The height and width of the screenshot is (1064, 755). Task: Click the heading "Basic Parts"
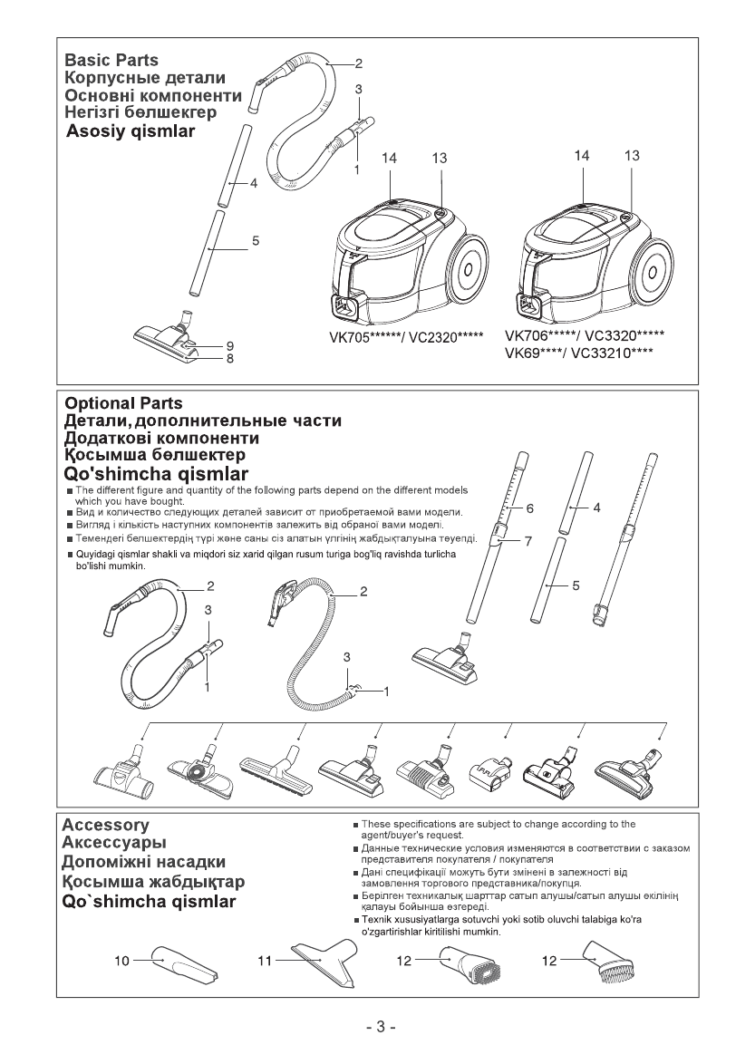pyautogui.click(x=111, y=60)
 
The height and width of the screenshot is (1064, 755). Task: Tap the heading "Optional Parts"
pyautogui.click(x=122, y=403)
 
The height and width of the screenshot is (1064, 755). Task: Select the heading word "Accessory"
pyautogui.click(x=105, y=826)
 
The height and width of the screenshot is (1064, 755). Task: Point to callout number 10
pyautogui.click(x=121, y=960)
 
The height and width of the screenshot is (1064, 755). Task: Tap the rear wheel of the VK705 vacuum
pyautogui.click(x=468, y=269)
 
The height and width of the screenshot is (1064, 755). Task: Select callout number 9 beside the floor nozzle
pyautogui.click(x=231, y=345)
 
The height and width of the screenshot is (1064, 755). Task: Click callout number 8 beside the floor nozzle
pyautogui.click(x=231, y=359)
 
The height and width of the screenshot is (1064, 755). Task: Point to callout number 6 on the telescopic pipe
pyautogui.click(x=530, y=508)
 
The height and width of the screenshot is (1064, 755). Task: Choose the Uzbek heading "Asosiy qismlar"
pyautogui.click(x=131, y=131)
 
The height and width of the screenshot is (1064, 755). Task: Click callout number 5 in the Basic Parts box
pyautogui.click(x=256, y=241)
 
